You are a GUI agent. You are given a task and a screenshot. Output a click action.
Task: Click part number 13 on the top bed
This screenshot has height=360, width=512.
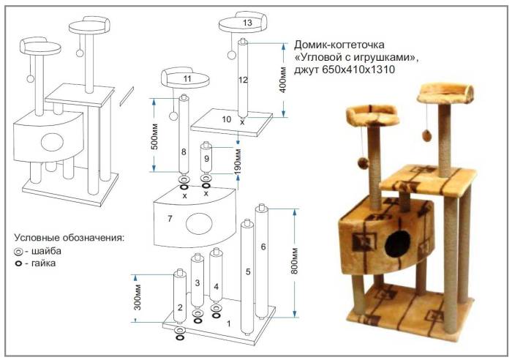pyautogui.click(x=246, y=23)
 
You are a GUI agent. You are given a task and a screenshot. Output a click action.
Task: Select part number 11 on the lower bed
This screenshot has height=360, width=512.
pyautogui.click(x=187, y=78)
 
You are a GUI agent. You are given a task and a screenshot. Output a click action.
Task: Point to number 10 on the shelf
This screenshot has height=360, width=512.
pyautogui.click(x=226, y=119)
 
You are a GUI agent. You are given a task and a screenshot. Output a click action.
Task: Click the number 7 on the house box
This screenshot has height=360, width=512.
pyautogui.click(x=170, y=219)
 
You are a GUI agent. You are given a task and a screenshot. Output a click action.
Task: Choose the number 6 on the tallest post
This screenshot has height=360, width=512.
pyautogui.click(x=263, y=247)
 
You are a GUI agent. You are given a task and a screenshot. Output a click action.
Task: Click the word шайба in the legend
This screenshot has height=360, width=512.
pyautogui.click(x=49, y=250)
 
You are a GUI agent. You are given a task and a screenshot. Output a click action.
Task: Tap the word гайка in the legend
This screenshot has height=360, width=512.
pyautogui.click(x=47, y=263)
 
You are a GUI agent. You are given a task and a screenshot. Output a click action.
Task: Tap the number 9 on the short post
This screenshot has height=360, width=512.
pyautogui.click(x=207, y=157)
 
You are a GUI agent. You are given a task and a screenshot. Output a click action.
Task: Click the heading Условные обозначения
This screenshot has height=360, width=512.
pyautogui.click(x=69, y=238)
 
